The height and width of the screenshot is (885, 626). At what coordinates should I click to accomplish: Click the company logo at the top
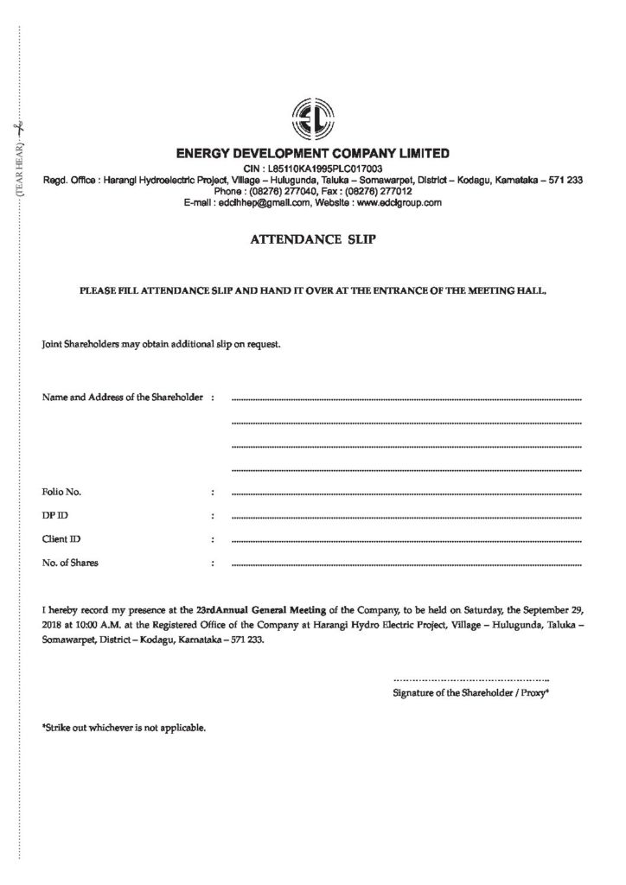(x=312, y=120)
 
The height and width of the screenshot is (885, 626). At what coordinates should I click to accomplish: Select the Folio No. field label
(x=61, y=492)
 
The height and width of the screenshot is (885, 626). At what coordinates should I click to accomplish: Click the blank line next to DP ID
(x=406, y=517)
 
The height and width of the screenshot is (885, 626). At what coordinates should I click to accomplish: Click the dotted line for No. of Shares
(x=406, y=564)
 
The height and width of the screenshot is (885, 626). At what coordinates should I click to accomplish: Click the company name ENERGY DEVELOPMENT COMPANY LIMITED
(x=312, y=154)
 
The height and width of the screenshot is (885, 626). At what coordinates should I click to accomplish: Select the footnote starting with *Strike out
(x=124, y=728)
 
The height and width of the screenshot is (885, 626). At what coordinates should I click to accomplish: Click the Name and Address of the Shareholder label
(x=122, y=398)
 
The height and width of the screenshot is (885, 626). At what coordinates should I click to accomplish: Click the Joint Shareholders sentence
(x=161, y=344)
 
